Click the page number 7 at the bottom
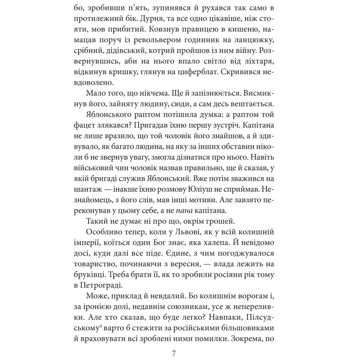pyautogui.click(x=174, y=352)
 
